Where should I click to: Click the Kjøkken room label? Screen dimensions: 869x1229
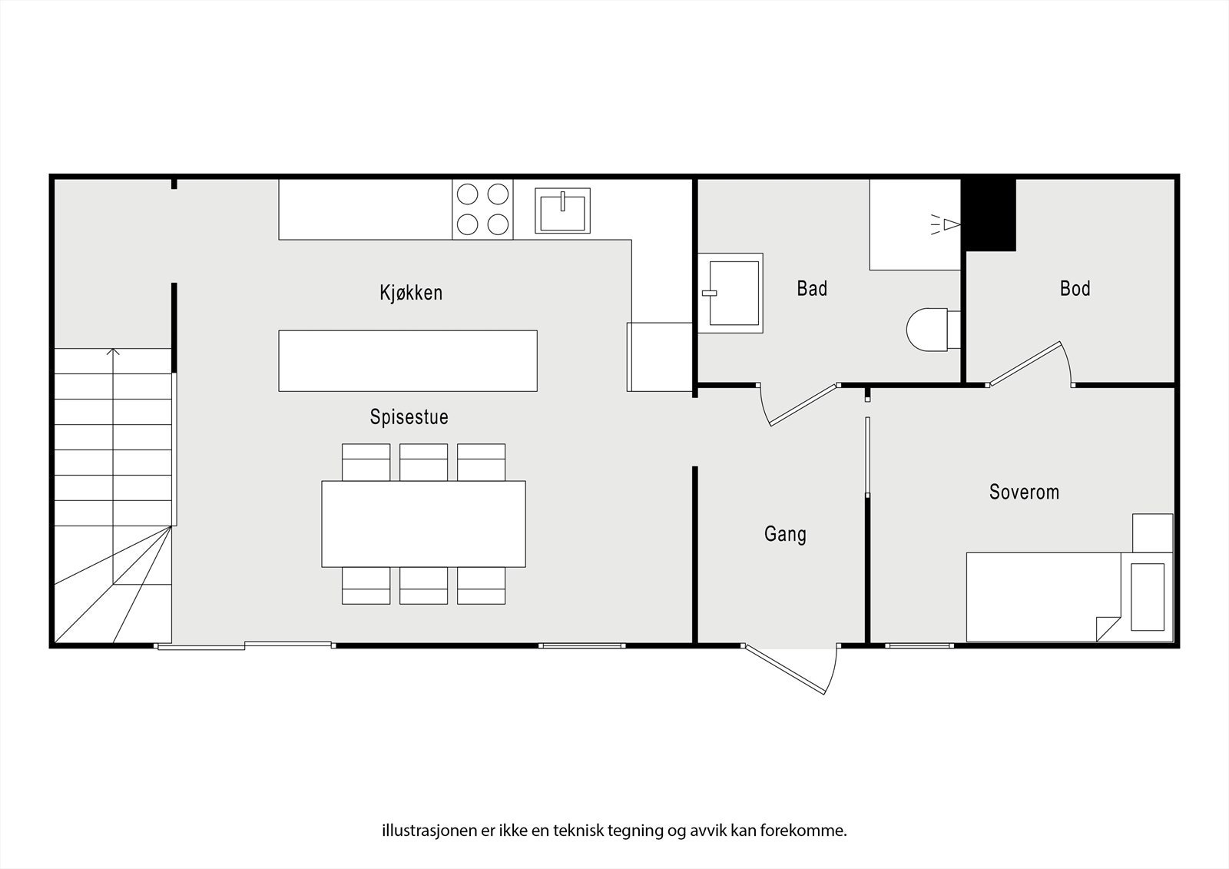(411, 293)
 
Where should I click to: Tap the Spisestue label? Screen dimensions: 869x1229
(409, 417)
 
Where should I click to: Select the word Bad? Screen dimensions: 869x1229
(812, 289)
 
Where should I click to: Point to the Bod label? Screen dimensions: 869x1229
(1075, 289)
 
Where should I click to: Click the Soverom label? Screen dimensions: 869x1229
(1024, 492)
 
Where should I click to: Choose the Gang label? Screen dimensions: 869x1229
(785, 533)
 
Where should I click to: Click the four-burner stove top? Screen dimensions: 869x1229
(482, 208)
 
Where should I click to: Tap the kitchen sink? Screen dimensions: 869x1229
(563, 211)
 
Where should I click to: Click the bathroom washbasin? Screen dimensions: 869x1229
(733, 293)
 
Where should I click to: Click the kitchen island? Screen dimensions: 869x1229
(407, 360)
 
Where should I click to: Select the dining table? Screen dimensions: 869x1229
(423, 523)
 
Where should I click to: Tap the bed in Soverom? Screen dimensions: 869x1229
(1045, 596)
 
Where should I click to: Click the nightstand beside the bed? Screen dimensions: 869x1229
(1152, 532)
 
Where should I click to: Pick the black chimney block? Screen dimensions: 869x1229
(989, 214)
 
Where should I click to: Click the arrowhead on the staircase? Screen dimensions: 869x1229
(114, 353)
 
